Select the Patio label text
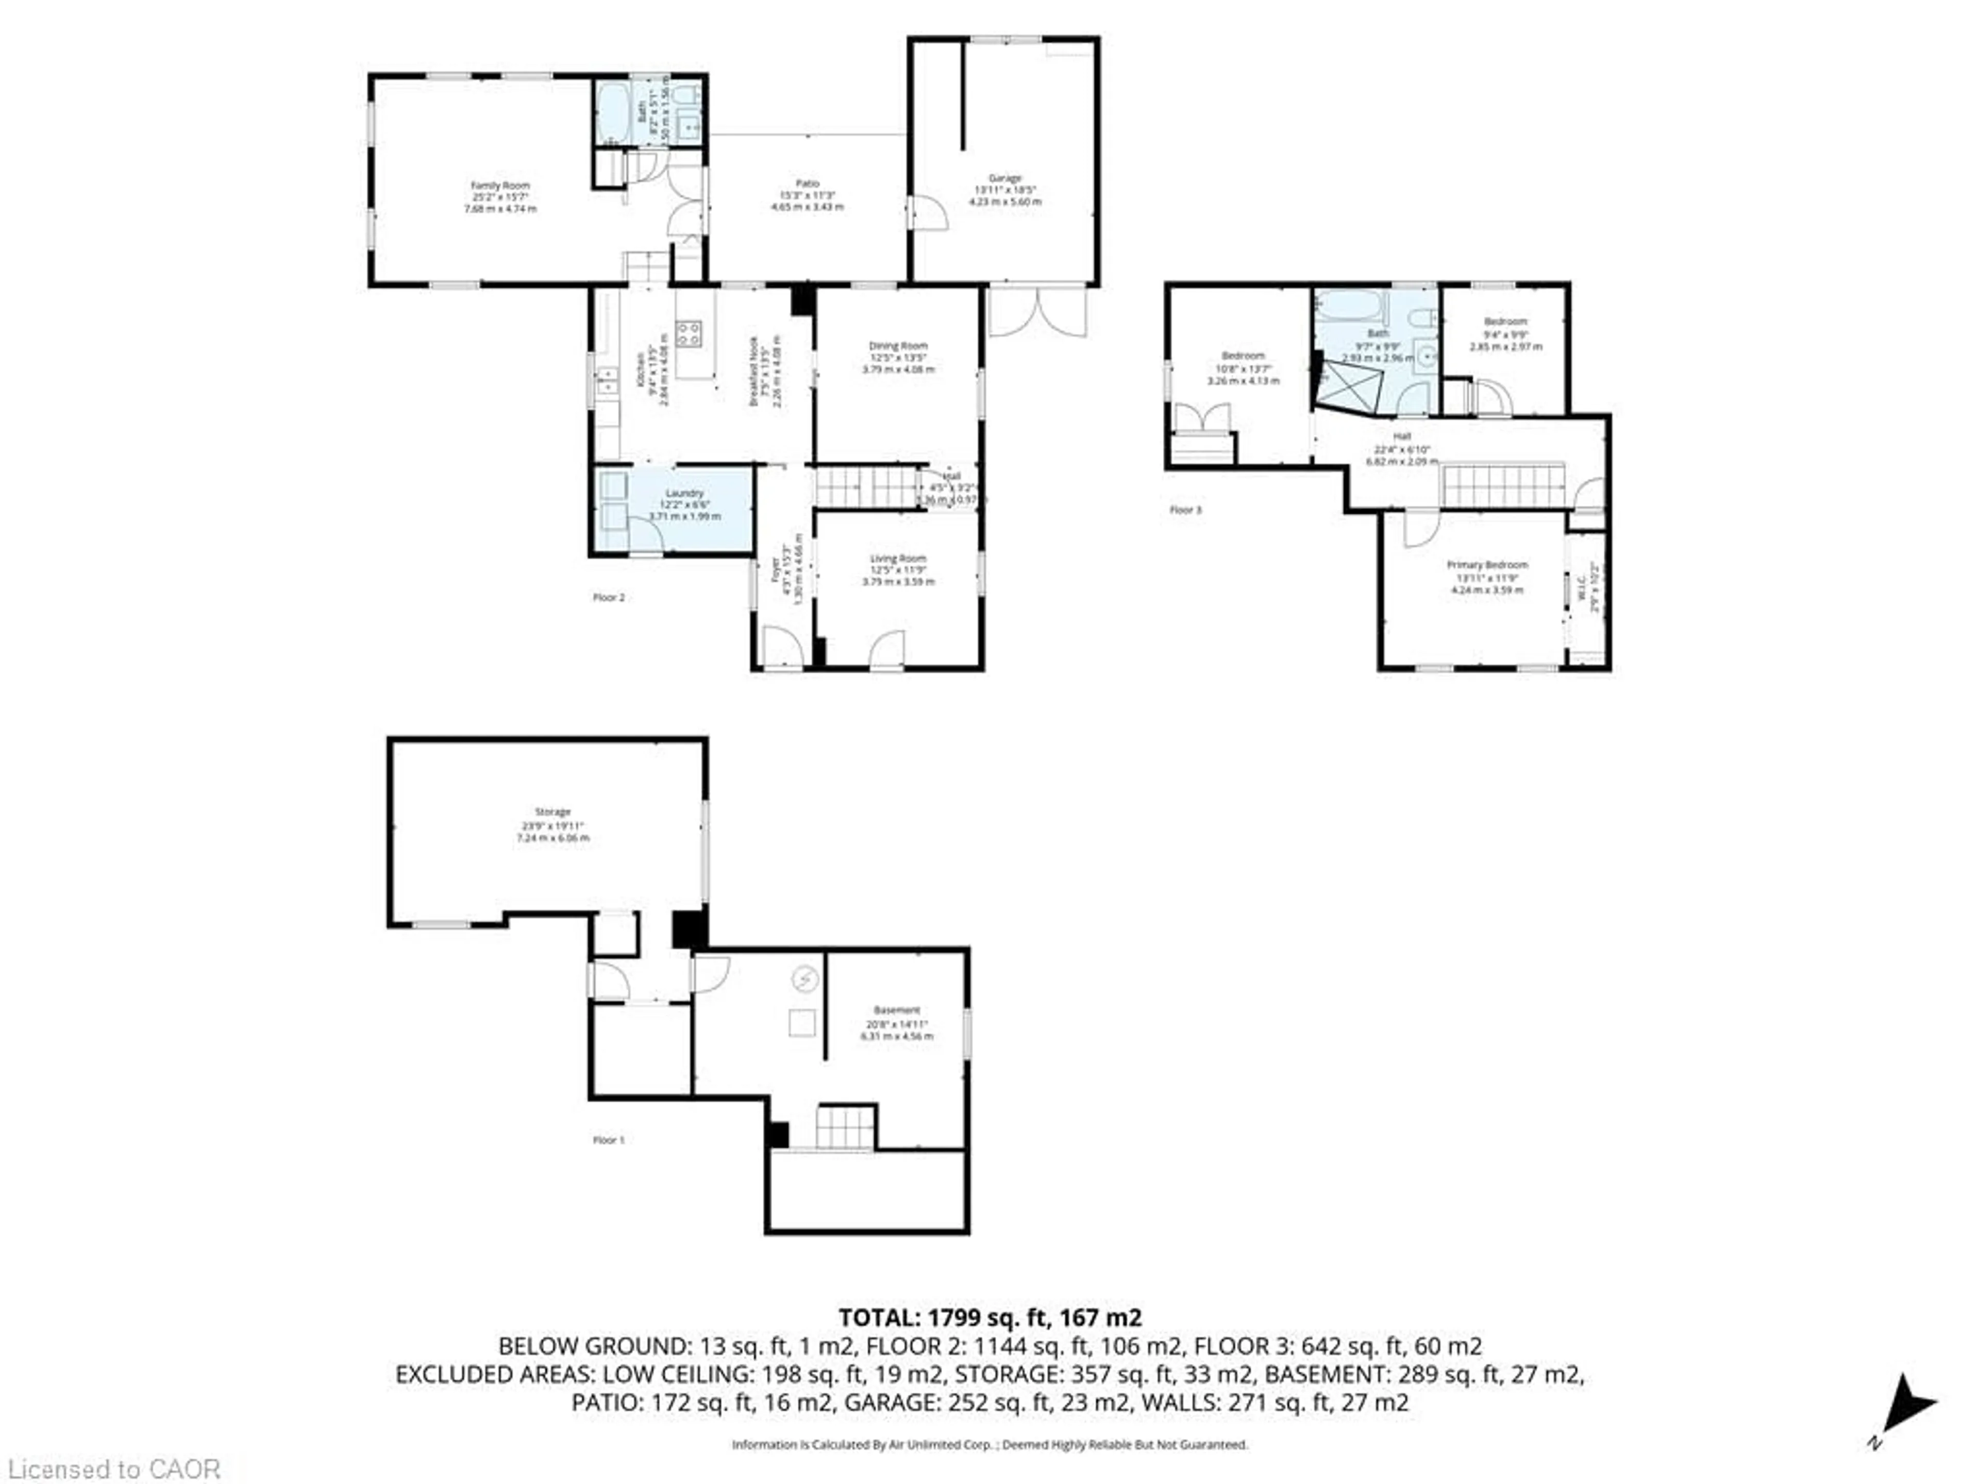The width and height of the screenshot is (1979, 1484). (x=807, y=183)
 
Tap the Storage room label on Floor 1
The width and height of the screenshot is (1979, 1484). (x=553, y=812)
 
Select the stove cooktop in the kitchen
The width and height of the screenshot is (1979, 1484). (x=688, y=334)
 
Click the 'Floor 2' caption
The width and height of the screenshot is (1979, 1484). (x=608, y=598)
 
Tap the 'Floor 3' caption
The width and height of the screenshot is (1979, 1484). (x=1185, y=511)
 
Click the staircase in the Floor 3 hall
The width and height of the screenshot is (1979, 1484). (x=1502, y=486)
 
